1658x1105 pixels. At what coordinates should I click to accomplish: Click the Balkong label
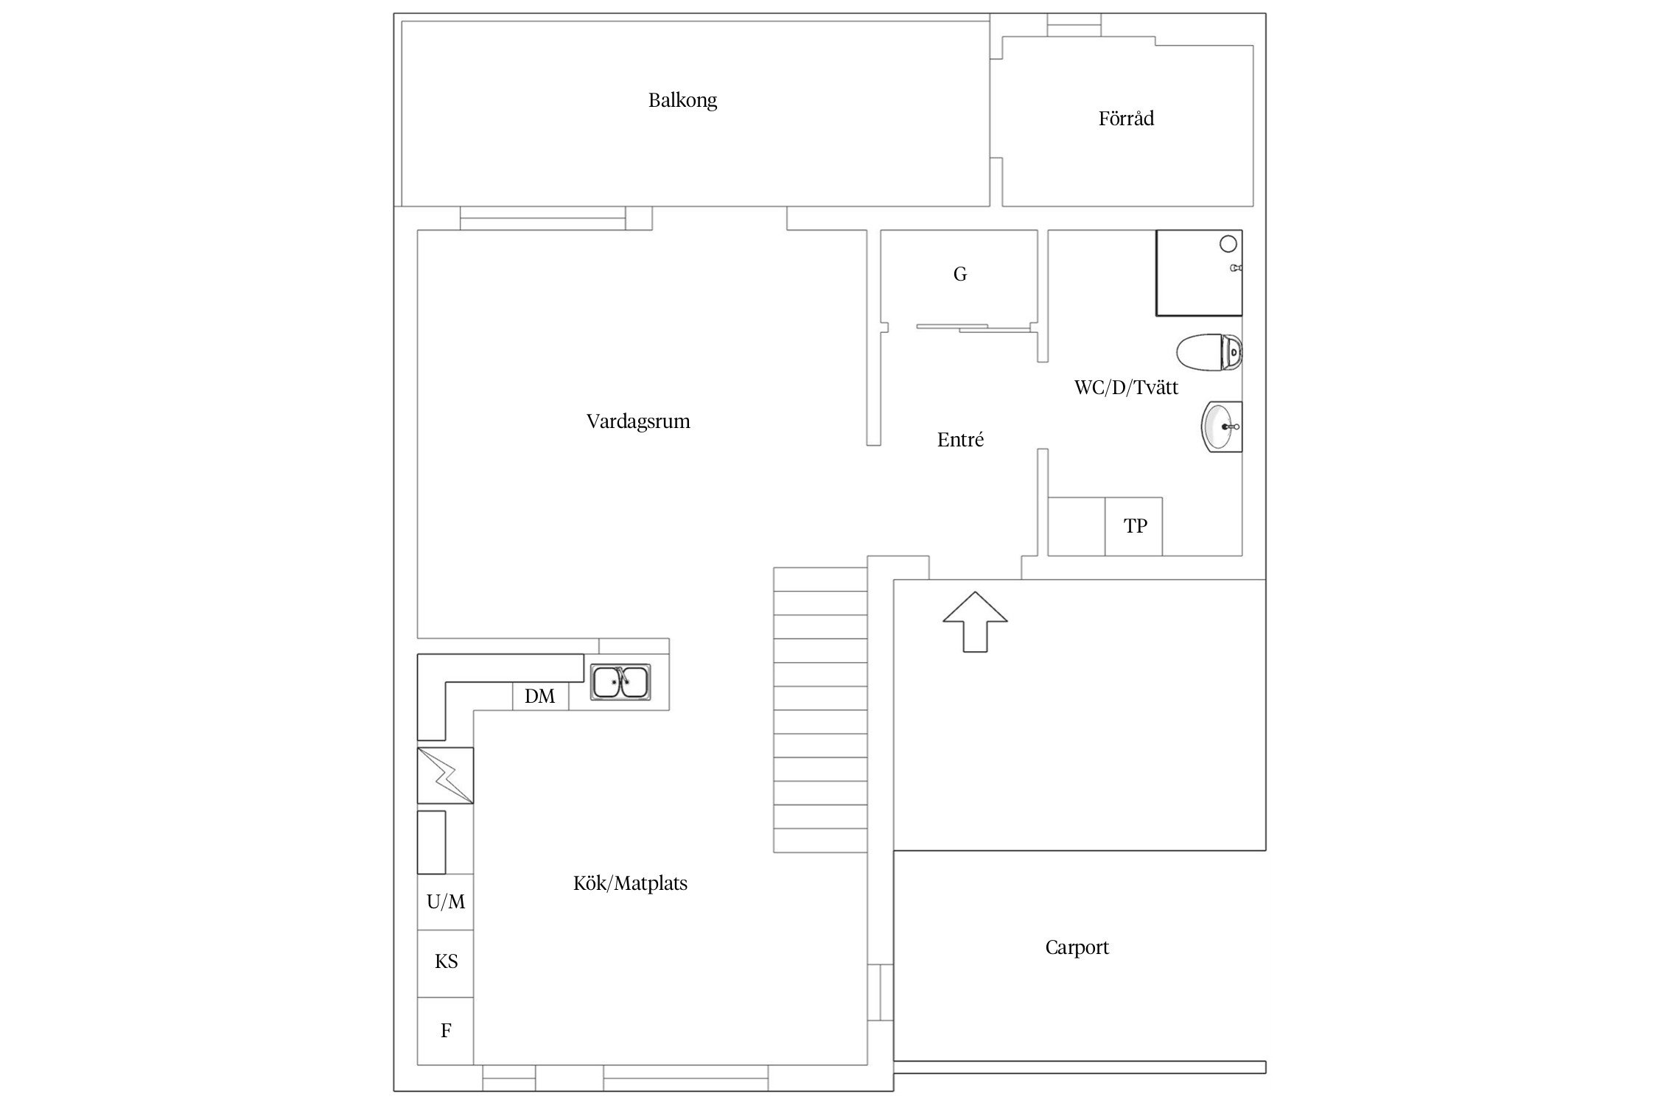point(682,100)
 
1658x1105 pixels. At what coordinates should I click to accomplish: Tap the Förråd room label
point(1126,118)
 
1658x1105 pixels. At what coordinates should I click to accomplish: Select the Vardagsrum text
point(638,421)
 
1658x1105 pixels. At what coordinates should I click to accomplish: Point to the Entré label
point(960,440)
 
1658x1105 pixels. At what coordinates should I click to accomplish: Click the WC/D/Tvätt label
point(1126,387)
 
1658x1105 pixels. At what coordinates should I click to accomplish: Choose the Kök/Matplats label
point(630,883)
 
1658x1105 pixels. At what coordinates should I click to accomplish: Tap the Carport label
point(1077,947)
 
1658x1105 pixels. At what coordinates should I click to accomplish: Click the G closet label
point(959,275)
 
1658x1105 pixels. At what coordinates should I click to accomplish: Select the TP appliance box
point(1134,526)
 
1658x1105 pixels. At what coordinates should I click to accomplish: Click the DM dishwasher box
point(540,696)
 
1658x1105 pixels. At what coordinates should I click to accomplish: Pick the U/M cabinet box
point(445,902)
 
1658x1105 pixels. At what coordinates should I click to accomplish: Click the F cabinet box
point(445,1031)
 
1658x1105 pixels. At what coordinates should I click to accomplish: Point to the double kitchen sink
point(620,681)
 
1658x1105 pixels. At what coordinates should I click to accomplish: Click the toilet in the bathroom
point(1208,352)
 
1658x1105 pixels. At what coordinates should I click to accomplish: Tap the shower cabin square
point(1199,273)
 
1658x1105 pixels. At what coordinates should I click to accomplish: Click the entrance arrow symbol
point(975,622)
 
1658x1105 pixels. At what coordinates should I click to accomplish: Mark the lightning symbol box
point(445,775)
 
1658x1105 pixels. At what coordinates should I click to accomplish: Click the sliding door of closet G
point(973,328)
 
